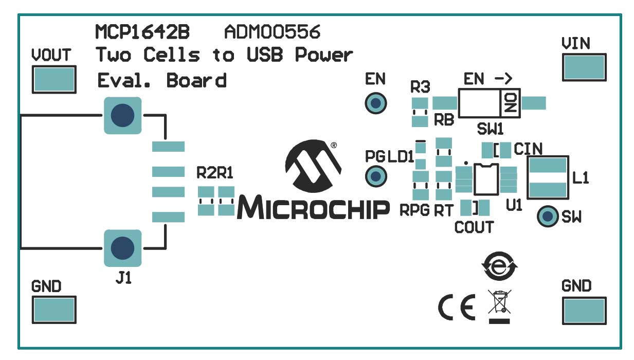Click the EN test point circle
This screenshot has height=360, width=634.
[375, 103]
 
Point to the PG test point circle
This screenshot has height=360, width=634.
[375, 176]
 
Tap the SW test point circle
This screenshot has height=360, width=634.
[547, 217]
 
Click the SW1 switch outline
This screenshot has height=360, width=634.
[489, 103]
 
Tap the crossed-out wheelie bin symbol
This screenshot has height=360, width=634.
[499, 303]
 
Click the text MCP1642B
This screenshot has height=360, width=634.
[142, 32]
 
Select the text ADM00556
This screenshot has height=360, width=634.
[272, 32]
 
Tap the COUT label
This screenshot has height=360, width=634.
[474, 227]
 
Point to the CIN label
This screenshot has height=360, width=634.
[529, 149]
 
